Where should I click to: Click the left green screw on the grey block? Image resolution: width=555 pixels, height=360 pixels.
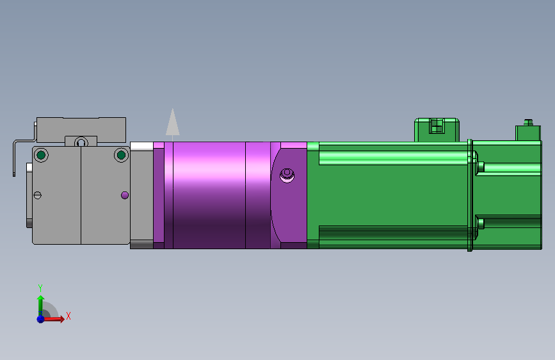coord(42,155)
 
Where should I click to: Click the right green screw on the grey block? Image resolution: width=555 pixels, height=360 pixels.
coord(121,155)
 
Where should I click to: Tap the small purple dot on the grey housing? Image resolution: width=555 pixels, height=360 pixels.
coord(125,195)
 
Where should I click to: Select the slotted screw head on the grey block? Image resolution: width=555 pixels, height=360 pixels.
coord(37,195)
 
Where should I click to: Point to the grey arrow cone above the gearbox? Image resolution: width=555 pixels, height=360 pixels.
coord(172,122)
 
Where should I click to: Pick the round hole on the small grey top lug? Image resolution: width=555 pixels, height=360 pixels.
coord(81,142)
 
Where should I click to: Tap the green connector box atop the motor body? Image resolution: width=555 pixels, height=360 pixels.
coord(437,129)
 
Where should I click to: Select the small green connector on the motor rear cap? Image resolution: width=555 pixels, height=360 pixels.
coord(528,133)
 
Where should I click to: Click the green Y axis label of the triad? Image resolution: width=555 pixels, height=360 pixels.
coord(40,288)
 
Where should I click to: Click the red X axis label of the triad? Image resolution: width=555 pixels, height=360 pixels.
coord(68,316)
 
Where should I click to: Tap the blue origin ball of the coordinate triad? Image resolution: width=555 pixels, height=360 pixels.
coord(40,318)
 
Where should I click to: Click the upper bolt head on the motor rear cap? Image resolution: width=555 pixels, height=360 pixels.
coord(480,167)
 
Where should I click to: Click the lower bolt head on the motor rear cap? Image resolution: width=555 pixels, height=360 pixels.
coord(480,223)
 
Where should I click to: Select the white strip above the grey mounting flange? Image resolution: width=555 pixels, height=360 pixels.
coord(141,145)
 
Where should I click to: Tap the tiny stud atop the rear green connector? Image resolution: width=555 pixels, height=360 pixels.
coord(528,121)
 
